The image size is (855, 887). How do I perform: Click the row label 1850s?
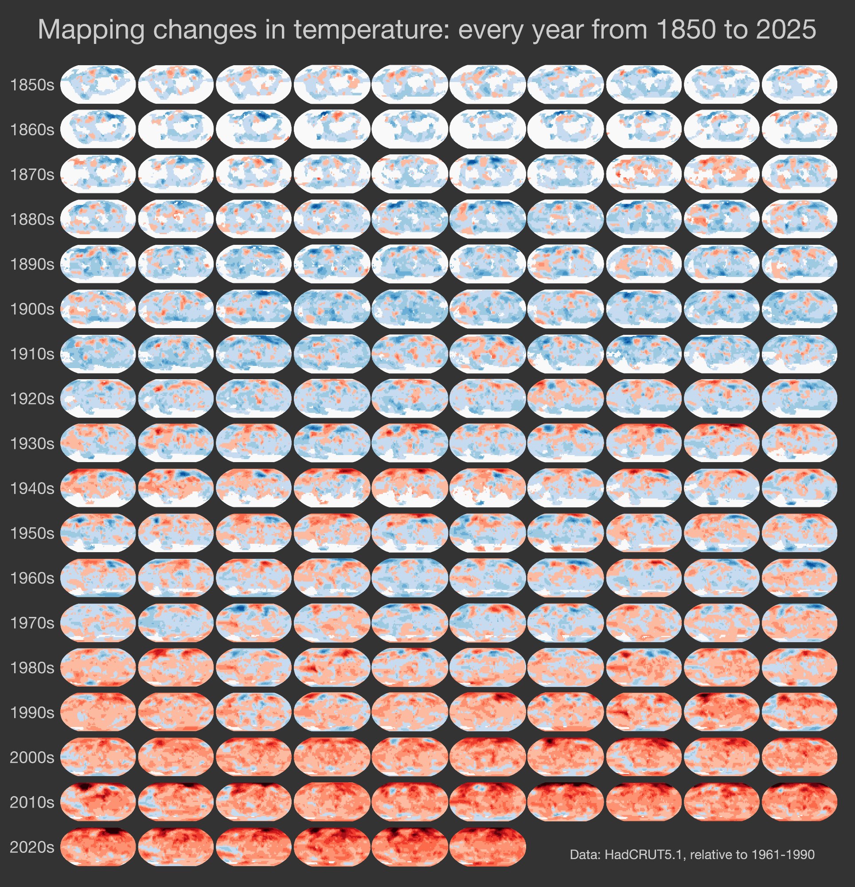[x=31, y=85]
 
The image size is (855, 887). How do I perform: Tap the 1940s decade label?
[x=31, y=488]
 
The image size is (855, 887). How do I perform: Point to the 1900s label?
[x=31, y=309]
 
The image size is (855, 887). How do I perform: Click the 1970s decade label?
[x=31, y=623]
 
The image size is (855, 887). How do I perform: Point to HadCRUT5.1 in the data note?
[x=642, y=855]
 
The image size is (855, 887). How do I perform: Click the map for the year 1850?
[x=98, y=84]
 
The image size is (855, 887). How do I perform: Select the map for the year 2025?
[x=488, y=847]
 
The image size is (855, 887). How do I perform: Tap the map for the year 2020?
[x=98, y=847]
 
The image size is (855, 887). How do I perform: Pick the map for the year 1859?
[x=799, y=84]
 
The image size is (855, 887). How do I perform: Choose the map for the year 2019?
[x=799, y=802]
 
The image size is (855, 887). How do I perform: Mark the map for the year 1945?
[x=488, y=488]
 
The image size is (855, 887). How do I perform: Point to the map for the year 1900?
[x=98, y=309]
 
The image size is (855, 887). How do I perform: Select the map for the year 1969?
[x=799, y=578]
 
